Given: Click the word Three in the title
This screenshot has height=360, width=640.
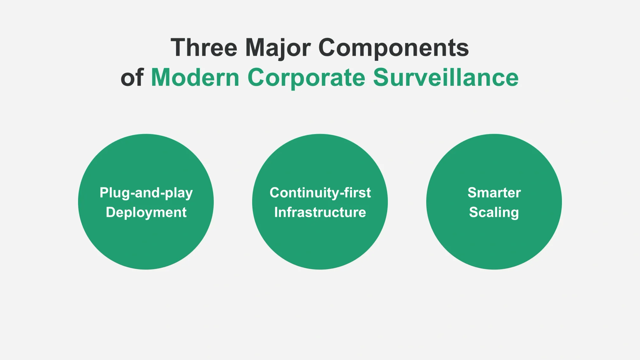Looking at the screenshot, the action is (204, 47).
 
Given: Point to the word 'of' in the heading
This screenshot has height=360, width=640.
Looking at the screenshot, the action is (132, 77).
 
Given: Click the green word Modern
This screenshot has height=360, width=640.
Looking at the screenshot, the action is (195, 77).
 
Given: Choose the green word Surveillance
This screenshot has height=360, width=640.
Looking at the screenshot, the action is (446, 77).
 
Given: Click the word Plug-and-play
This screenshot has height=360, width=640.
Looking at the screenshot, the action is (146, 193).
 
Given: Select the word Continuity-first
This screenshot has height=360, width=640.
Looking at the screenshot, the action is (320, 193).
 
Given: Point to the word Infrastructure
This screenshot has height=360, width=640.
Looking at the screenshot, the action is (320, 212).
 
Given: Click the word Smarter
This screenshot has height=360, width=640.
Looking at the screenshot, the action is (494, 193).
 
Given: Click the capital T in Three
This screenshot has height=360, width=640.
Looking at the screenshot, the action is (179, 47).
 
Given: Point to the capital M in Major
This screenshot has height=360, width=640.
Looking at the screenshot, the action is (256, 47).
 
